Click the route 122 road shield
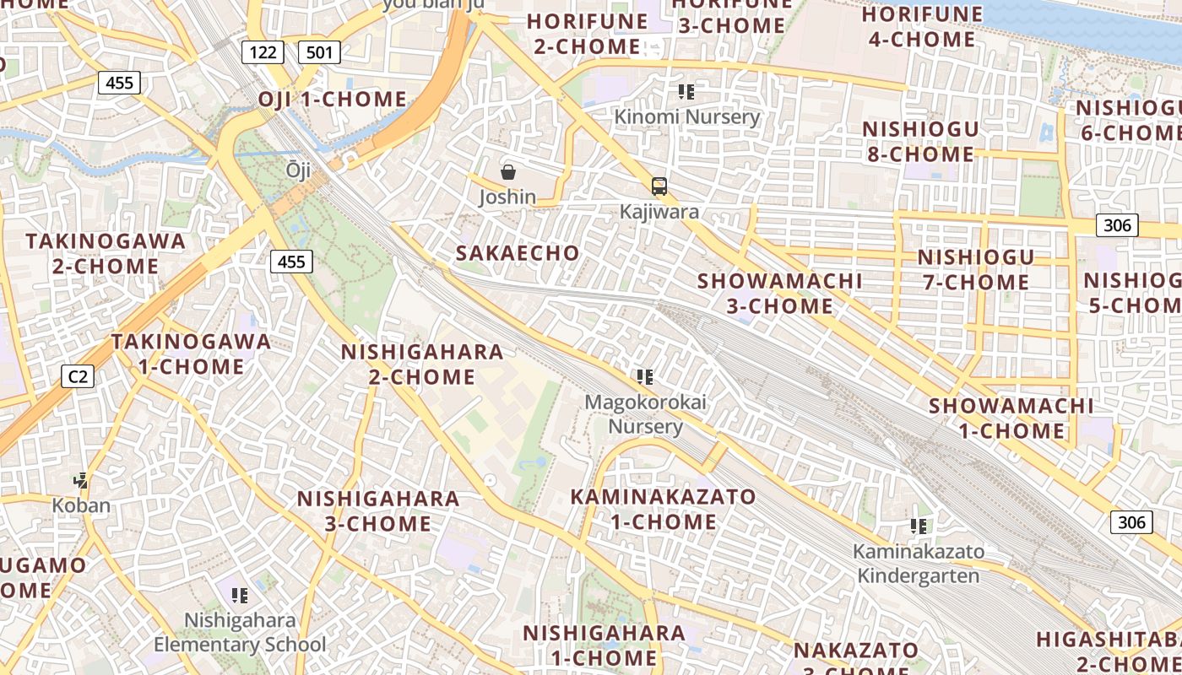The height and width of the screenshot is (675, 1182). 263,53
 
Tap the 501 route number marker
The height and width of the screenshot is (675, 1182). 319,53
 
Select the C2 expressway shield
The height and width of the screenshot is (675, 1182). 77,376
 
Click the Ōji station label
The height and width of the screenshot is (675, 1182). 298,170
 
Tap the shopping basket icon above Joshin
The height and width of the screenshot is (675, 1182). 508,173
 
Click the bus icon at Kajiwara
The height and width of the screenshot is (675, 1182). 659,186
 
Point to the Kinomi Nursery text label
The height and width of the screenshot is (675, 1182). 686,116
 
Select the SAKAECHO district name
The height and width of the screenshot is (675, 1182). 518,253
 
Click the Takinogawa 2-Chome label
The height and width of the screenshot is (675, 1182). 106,253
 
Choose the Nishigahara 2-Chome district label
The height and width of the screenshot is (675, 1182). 422,364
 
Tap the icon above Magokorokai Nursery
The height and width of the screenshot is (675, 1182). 645,377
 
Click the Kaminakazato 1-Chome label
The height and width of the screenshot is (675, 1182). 664,509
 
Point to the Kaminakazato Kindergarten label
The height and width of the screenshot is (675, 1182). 919,564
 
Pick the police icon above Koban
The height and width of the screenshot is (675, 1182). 81,481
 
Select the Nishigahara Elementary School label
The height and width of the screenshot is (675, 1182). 240,632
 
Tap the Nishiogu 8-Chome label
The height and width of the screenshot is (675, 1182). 920,142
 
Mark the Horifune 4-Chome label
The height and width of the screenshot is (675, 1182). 922,27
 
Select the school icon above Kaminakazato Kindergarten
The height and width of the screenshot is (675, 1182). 919,526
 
